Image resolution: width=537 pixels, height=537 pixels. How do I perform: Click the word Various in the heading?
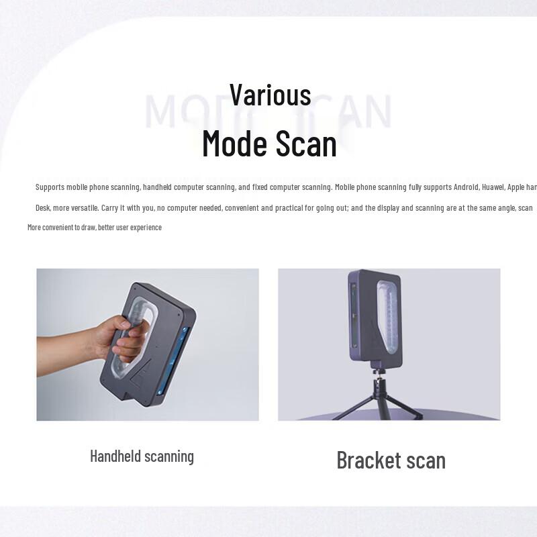[270, 95]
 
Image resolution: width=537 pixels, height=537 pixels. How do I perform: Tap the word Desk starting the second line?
[43, 208]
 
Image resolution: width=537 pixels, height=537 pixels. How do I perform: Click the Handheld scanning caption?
[142, 456]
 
